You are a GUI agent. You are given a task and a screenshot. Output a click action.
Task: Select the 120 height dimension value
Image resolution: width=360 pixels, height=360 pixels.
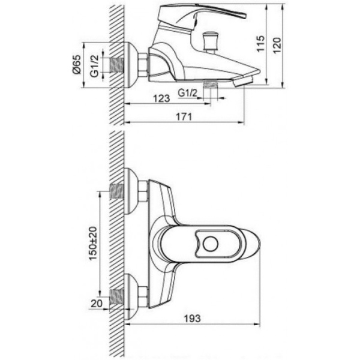click(276, 43)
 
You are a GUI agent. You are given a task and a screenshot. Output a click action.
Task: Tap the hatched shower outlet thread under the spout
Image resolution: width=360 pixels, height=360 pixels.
click(210, 86)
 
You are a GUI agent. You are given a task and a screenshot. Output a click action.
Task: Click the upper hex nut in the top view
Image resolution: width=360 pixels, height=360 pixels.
click(143, 192)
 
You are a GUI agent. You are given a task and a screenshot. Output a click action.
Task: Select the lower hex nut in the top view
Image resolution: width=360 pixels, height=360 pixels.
click(143, 295)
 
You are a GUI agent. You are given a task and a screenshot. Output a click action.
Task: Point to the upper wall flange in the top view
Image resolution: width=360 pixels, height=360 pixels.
click(130, 192)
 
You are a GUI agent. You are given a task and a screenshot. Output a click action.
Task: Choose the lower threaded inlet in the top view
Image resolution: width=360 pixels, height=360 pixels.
click(116, 295)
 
